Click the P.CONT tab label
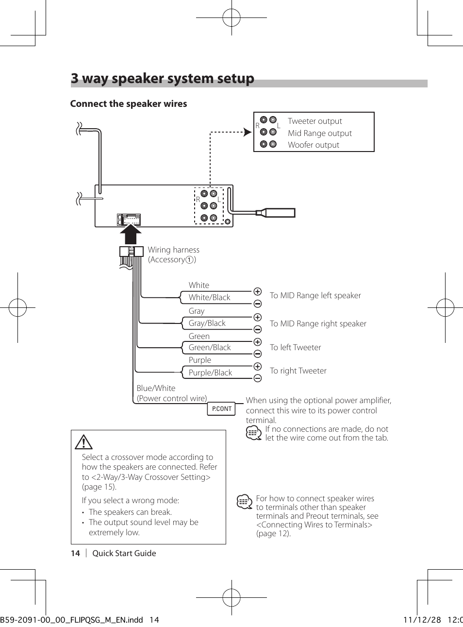tap(222, 409)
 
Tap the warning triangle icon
tap(83, 442)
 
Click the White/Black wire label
tap(210, 297)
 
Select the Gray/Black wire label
tap(207, 323)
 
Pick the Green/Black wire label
tap(210, 347)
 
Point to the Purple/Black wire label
tap(210, 373)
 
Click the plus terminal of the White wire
tap(258, 291)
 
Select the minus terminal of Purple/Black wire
tap(258, 378)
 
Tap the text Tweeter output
tap(314, 121)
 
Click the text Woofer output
tap(314, 145)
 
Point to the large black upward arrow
tap(131, 235)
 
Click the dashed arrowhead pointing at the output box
tap(248, 132)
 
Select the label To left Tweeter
tap(295, 347)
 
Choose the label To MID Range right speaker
tap(318, 323)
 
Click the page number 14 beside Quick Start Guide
tap(75, 553)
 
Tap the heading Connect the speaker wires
tap(129, 103)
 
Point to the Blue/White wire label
tap(156, 388)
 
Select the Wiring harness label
tap(173, 250)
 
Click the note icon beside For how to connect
tap(244, 501)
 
